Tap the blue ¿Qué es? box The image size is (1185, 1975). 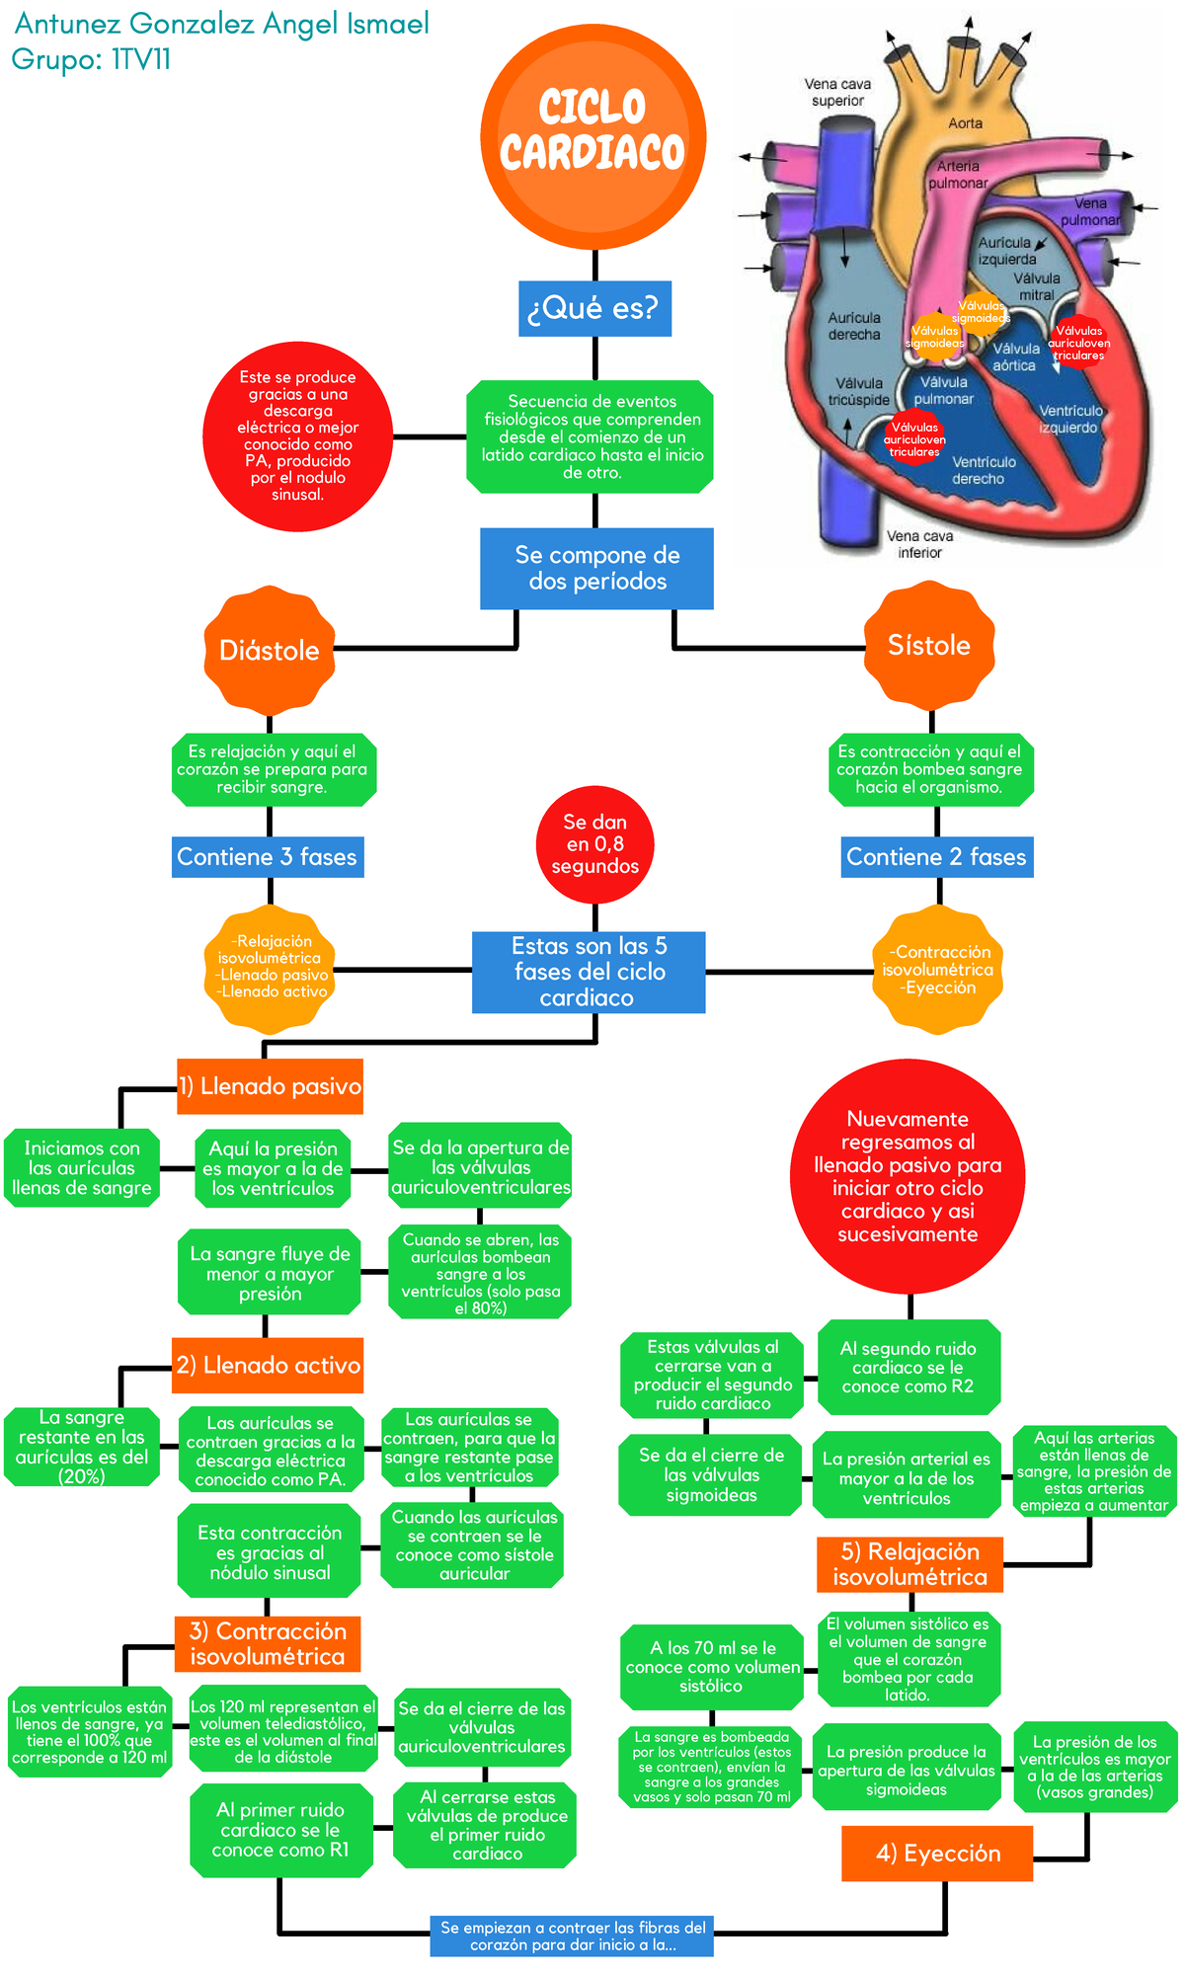click(594, 308)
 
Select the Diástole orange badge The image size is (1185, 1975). click(270, 650)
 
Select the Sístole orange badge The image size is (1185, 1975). click(929, 646)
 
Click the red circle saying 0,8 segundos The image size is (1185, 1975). click(594, 844)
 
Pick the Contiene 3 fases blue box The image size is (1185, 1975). click(268, 857)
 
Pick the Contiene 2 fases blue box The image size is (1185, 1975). click(937, 857)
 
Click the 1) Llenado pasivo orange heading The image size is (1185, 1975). click(271, 1086)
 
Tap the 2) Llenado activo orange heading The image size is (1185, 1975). click(268, 1365)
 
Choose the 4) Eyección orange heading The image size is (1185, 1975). click(937, 1854)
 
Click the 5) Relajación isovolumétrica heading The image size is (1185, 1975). click(909, 1564)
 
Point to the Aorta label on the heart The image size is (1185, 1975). click(965, 123)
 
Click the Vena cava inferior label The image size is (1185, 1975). click(919, 544)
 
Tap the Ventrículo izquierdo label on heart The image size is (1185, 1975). click(1069, 419)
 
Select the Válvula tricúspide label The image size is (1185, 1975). click(858, 391)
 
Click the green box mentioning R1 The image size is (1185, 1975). click(281, 1830)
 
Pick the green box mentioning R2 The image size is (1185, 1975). click(908, 1367)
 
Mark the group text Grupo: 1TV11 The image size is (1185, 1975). click(91, 60)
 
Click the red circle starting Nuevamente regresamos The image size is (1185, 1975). click(908, 1176)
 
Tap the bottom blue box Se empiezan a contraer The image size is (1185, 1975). click(572, 1935)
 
